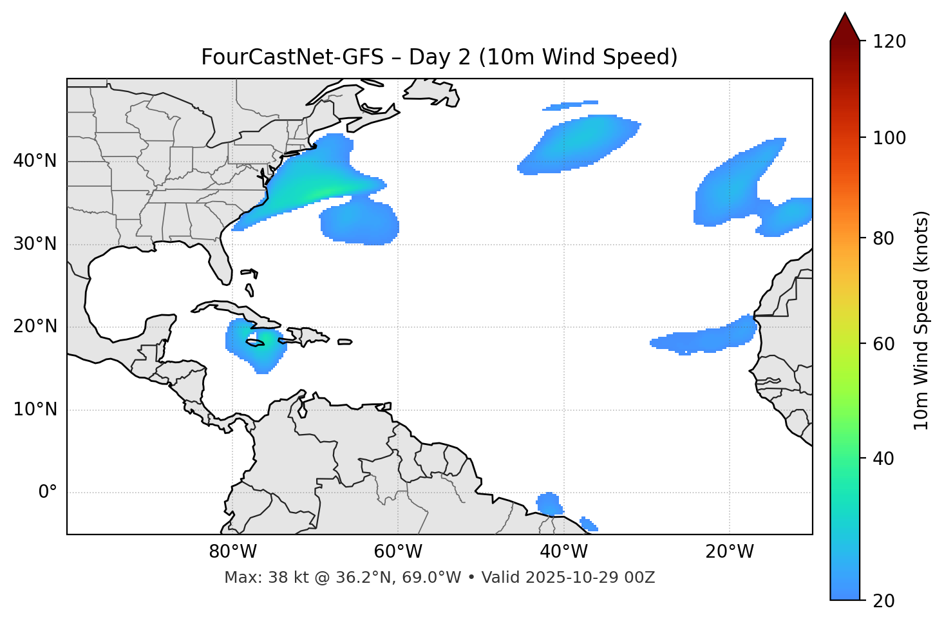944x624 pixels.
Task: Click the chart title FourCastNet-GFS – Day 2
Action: coord(439,57)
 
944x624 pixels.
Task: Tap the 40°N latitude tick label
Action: coord(35,161)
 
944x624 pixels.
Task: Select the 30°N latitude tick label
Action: coord(35,244)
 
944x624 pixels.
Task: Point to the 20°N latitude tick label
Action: coord(35,327)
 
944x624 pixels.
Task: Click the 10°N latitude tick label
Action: coord(35,410)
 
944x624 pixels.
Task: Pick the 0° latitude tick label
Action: coord(48,493)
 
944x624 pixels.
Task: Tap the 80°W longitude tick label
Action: coord(232,552)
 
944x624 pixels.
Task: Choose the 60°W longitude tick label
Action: coord(398,552)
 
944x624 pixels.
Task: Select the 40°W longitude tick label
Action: coord(563,552)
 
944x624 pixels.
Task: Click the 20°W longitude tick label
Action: coord(729,552)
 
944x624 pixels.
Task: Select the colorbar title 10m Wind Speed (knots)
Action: coord(921,320)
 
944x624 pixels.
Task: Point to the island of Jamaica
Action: coord(256,343)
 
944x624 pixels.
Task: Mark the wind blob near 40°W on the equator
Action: coord(549,504)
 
